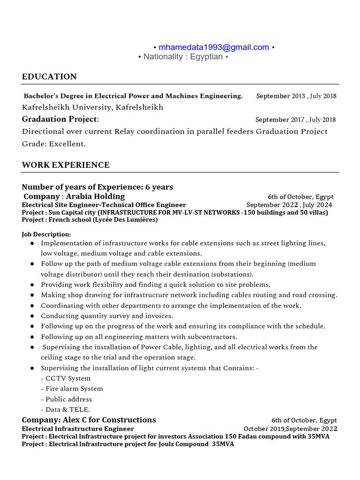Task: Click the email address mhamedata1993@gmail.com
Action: click(214, 47)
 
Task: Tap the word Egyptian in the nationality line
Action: click(206, 57)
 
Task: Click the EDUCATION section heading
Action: click(49, 76)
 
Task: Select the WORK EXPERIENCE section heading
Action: click(66, 165)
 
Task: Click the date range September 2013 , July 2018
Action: click(296, 96)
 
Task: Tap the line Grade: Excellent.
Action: click(54, 144)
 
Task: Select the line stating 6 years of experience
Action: click(97, 187)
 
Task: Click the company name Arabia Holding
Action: click(95, 196)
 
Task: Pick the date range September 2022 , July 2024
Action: click(289, 205)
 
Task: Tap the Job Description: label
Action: click(46, 234)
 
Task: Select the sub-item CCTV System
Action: click(66, 378)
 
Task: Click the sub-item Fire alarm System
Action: click(72, 389)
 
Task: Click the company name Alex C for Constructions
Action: click(89, 420)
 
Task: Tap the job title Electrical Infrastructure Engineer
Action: click(78, 428)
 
